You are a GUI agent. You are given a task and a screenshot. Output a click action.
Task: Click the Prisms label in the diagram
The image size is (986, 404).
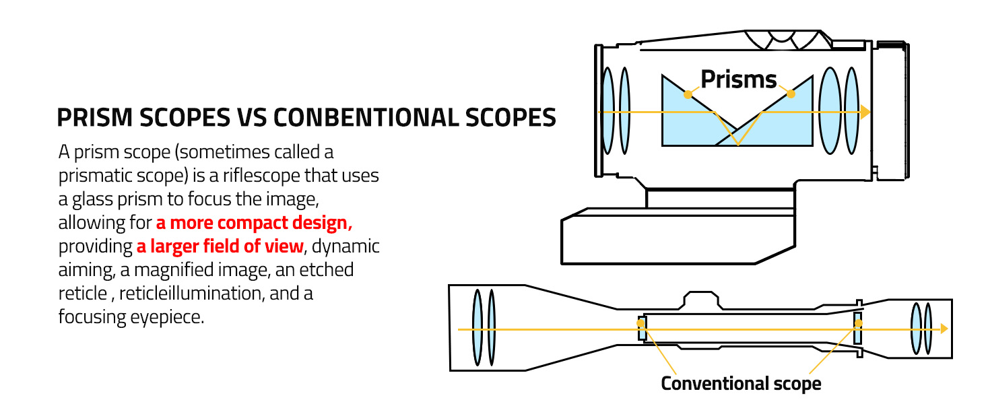(739, 79)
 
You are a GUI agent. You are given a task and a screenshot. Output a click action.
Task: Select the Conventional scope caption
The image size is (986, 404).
(741, 384)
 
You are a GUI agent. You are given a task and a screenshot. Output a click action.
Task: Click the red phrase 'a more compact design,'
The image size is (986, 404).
(254, 223)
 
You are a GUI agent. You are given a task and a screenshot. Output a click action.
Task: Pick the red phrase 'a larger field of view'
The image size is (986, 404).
(220, 246)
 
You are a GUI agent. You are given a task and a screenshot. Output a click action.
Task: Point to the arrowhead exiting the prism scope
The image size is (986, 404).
(865, 112)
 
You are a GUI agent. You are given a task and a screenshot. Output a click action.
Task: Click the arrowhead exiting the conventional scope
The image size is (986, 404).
(944, 329)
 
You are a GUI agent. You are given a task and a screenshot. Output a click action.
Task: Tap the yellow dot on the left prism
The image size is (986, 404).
(688, 94)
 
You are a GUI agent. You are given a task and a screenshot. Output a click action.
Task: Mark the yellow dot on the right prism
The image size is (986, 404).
(791, 94)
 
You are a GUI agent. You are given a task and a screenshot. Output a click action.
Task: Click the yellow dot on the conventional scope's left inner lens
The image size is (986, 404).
(641, 323)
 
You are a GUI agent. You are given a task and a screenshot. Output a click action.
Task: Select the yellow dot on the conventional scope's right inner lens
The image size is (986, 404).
(858, 323)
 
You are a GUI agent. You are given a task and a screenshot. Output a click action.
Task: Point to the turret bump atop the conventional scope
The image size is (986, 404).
(701, 300)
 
